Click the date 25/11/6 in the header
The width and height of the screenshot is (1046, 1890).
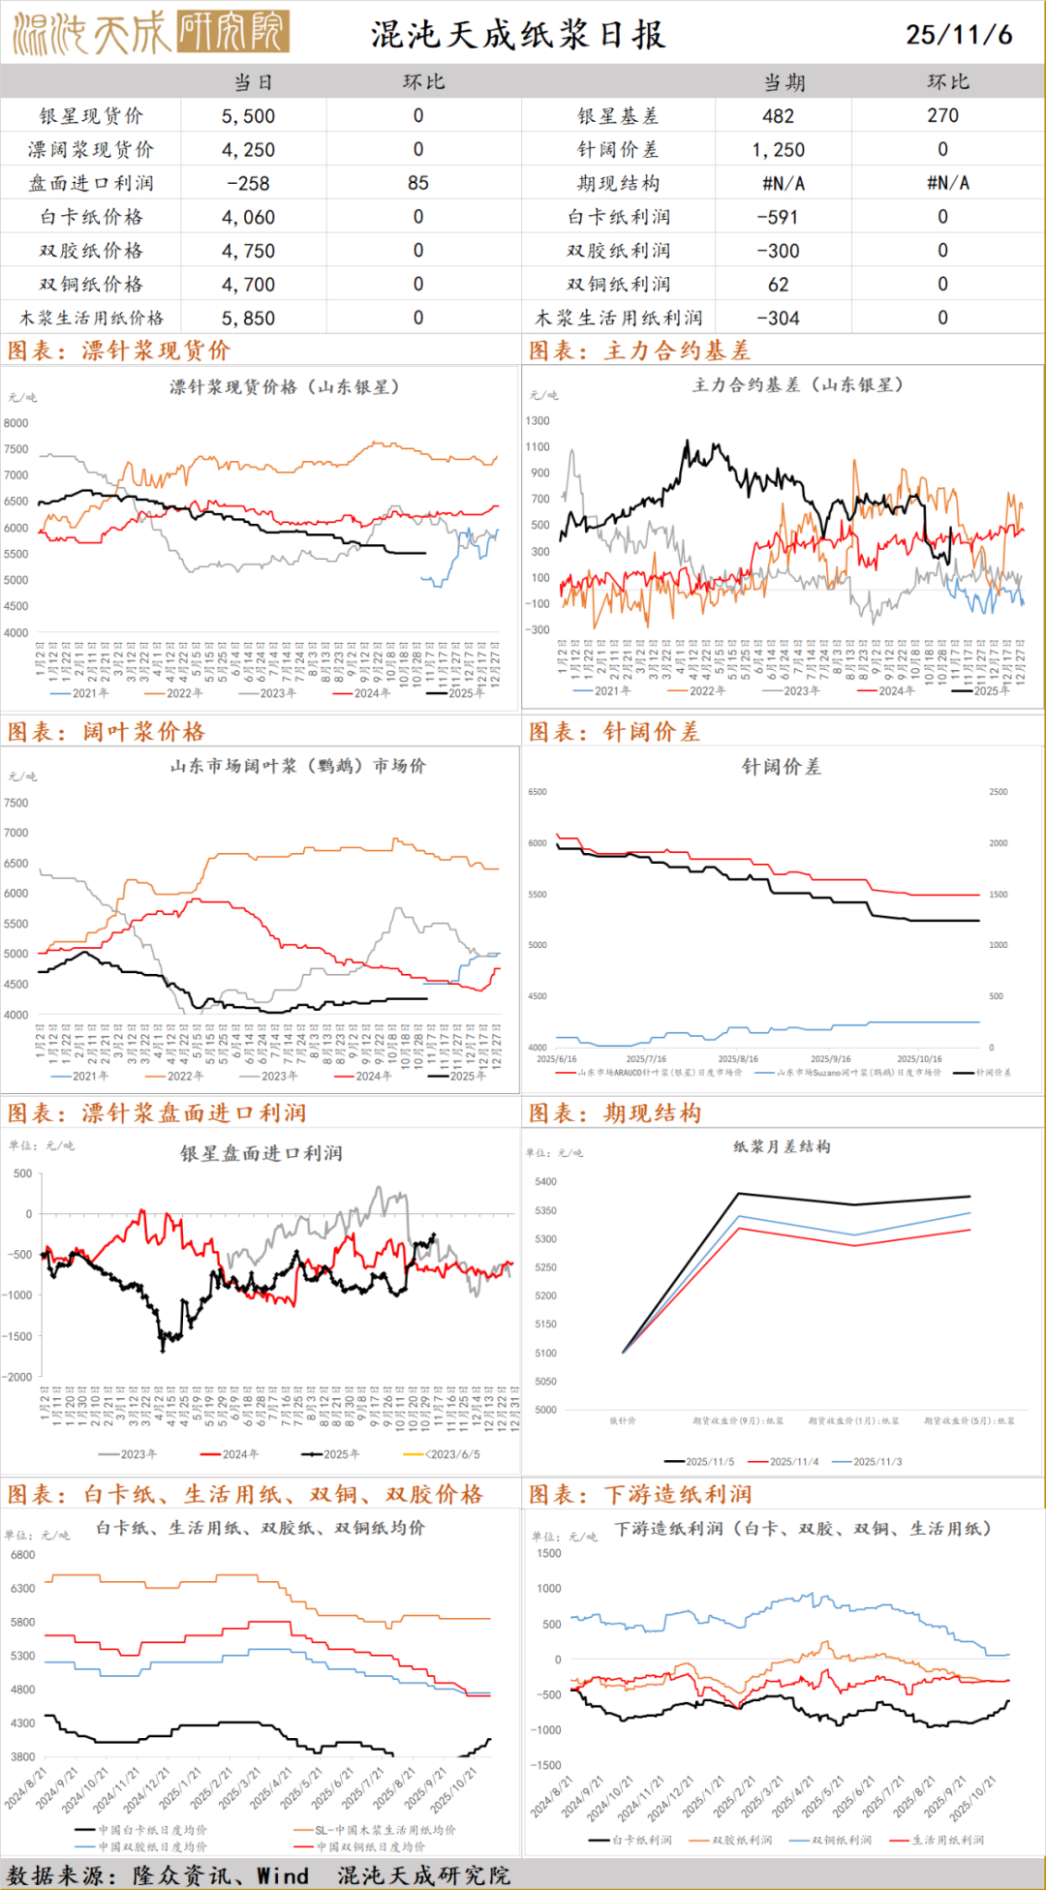click(x=958, y=35)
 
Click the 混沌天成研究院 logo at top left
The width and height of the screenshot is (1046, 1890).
click(x=150, y=33)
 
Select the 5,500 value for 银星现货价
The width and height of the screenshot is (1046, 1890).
click(x=248, y=116)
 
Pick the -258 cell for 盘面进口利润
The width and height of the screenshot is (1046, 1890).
click(x=248, y=183)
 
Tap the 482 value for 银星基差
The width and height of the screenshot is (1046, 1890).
click(x=778, y=116)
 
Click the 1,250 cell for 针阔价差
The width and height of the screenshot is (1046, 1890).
click(x=778, y=150)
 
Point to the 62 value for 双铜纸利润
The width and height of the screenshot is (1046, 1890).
click(x=778, y=285)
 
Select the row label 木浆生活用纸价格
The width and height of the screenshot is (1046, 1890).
click(x=92, y=319)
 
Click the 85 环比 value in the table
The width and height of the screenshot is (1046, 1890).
click(x=417, y=183)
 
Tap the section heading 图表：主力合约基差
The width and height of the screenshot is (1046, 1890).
click(x=639, y=351)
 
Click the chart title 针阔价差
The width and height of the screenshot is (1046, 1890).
click(x=781, y=767)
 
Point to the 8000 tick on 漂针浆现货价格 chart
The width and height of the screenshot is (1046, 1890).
click(x=16, y=423)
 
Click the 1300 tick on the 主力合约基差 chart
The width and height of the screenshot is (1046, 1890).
click(x=538, y=421)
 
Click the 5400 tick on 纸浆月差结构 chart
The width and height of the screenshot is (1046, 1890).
click(x=546, y=1182)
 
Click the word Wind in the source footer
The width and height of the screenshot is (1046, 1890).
click(x=282, y=1875)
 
